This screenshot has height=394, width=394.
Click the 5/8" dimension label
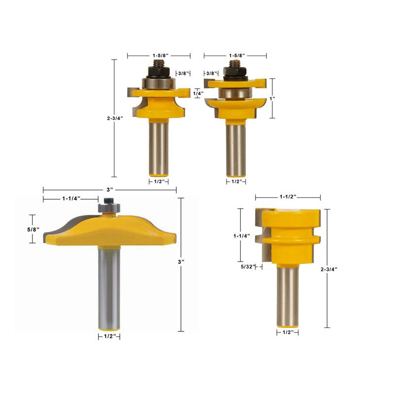[33, 230]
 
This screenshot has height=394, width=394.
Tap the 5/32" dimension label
[248, 266]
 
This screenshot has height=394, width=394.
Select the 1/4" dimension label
[198, 93]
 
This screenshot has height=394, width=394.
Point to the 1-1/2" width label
[288, 197]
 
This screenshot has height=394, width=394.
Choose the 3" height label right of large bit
[181, 262]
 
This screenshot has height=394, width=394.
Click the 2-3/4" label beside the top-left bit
[115, 118]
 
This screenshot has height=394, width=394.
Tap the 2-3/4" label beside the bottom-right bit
[328, 269]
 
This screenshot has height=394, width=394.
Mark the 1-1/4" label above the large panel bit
[71, 198]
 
